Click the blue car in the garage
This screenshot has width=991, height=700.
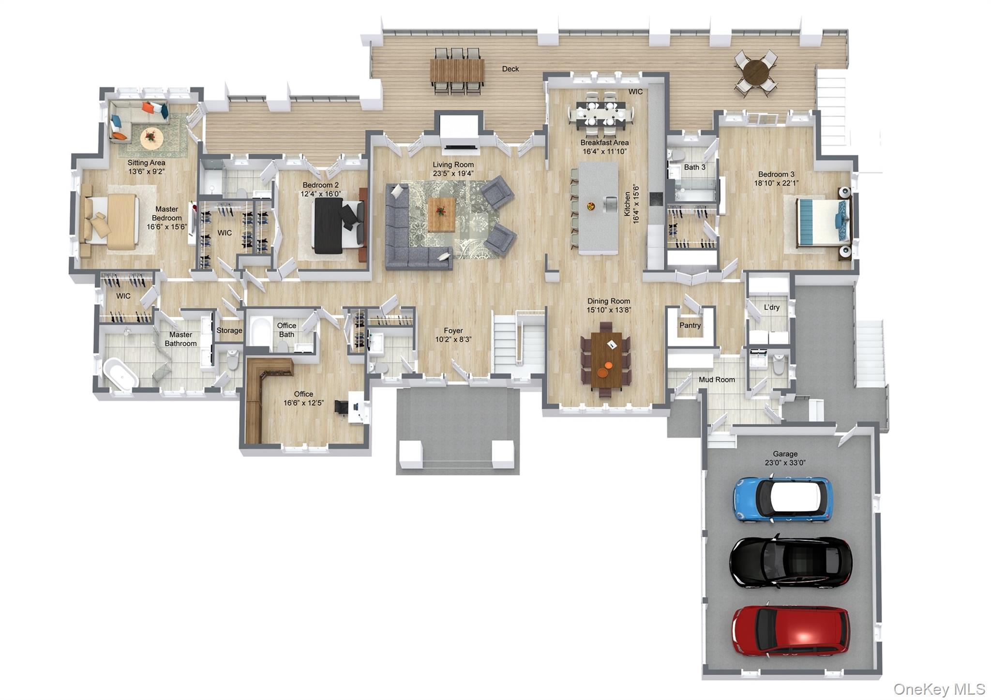[782, 500]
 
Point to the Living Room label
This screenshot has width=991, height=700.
[453, 164]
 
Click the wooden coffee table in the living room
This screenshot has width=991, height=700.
[441, 214]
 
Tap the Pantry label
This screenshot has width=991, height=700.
[690, 325]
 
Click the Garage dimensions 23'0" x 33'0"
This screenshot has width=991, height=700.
[785, 462]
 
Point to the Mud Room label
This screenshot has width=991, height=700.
[716, 380]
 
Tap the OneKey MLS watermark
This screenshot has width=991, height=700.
[939, 688]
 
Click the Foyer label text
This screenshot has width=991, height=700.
[453, 331]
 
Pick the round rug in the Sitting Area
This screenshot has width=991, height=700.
[151, 138]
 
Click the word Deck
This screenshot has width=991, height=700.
[510, 69]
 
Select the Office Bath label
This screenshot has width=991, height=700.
[286, 330]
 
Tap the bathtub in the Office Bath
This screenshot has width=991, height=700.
[260, 331]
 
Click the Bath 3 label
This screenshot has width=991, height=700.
[694, 167]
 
